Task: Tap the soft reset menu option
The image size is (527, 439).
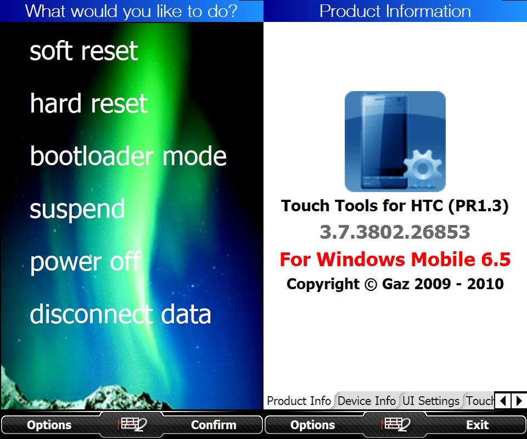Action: pos(83,51)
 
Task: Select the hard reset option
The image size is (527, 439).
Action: pos(89,103)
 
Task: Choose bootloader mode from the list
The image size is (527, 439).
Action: pos(128,156)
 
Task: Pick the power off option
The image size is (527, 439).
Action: pos(86,262)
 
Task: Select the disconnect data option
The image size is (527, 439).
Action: pos(120,314)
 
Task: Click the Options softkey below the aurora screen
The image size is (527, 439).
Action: pos(49,425)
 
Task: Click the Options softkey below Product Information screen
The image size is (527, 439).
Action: pos(312,425)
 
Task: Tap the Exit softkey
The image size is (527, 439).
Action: pos(477,425)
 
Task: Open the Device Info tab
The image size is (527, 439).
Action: pos(367,401)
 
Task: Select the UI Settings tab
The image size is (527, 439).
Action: pos(431,401)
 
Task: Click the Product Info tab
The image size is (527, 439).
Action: pos(299,401)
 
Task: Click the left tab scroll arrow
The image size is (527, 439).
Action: pos(503,401)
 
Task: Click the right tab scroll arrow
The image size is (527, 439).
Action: pos(519,401)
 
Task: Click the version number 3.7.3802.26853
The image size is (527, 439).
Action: pos(395,232)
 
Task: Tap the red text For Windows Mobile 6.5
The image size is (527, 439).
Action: pos(395,260)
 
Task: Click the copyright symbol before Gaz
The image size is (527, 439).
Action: pos(371,284)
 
